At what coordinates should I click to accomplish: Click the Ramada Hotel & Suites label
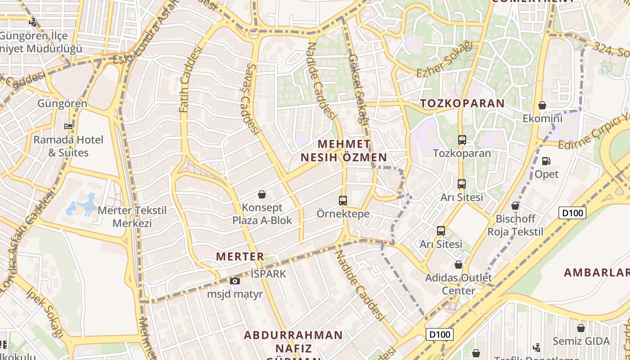coord(68,146)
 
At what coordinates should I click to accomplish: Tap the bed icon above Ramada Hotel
coord(68,126)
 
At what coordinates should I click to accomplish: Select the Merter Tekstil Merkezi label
coord(132,216)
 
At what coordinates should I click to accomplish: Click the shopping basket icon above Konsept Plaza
coord(262,194)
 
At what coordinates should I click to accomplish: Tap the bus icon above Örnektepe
coord(343,201)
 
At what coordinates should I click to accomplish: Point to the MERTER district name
coord(240,256)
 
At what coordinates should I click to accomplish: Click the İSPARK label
coord(268,274)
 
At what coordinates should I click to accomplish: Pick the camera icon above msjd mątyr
coord(234,281)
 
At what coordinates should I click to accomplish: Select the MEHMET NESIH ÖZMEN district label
coord(344,151)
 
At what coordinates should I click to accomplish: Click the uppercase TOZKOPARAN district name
coord(463,103)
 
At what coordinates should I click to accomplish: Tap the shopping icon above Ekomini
coord(542,106)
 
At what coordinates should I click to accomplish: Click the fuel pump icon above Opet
coord(546,161)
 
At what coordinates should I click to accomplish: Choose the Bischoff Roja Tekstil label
coord(516,225)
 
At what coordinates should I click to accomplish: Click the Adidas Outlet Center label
coord(459,284)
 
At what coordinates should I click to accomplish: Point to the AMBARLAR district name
coord(597,272)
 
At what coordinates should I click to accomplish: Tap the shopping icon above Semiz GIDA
coord(581,328)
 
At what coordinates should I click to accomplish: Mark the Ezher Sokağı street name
coord(445,60)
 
